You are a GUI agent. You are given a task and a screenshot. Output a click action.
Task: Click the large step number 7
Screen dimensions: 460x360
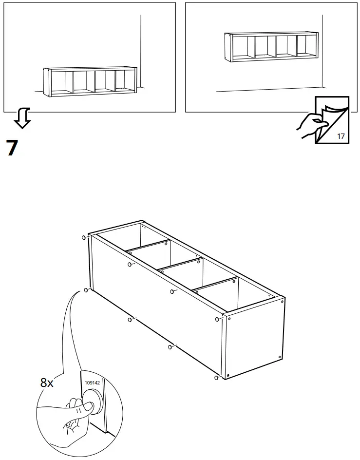click(x=12, y=148)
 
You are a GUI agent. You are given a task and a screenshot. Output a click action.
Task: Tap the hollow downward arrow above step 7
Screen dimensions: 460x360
click(x=22, y=118)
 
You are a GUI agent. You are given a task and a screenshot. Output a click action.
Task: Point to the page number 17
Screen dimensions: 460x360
click(x=341, y=136)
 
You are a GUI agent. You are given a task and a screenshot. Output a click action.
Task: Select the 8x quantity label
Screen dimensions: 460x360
click(x=47, y=383)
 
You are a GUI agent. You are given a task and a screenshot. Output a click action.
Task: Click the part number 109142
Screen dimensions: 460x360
click(x=92, y=383)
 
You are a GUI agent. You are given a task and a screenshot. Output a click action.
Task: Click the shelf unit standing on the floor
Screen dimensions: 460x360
click(x=90, y=81)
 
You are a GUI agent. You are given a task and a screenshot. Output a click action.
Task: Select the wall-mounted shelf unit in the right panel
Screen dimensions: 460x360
click(x=271, y=47)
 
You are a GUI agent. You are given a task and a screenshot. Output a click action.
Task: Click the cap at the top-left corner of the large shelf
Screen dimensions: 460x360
click(x=85, y=237)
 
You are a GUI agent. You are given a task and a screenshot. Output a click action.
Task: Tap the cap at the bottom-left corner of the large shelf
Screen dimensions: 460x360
click(x=86, y=290)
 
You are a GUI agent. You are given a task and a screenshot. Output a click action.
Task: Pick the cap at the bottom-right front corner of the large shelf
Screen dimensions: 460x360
click(x=216, y=377)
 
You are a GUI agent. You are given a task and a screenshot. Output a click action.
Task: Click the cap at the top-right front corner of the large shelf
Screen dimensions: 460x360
click(x=216, y=320)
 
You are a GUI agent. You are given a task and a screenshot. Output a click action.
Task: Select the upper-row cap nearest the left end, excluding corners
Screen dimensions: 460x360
click(x=130, y=265)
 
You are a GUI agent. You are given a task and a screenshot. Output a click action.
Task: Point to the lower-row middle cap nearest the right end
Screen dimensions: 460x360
click(x=170, y=346)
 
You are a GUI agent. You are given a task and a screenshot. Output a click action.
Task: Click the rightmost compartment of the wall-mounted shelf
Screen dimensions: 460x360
click(x=305, y=46)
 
